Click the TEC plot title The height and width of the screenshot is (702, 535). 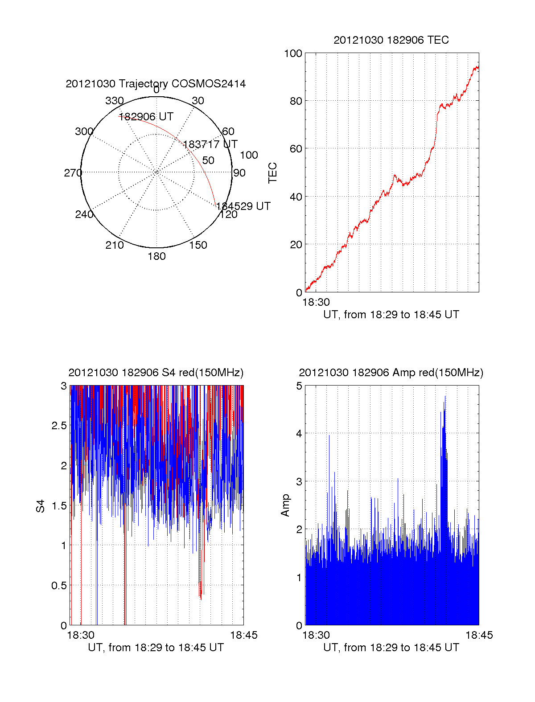(x=391, y=40)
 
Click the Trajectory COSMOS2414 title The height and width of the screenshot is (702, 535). (x=156, y=84)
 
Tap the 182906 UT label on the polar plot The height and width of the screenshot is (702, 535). (x=146, y=117)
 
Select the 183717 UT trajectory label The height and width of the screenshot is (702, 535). (x=210, y=144)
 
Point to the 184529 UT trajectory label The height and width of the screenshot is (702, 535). (x=243, y=206)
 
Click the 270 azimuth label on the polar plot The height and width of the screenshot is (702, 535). (x=73, y=173)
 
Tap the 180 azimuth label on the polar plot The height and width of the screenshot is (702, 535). (x=156, y=256)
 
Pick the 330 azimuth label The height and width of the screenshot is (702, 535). (x=114, y=101)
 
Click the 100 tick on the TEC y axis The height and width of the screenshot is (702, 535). (x=293, y=53)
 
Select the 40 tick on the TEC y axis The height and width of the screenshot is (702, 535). (x=296, y=197)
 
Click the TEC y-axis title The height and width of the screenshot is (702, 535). (x=272, y=173)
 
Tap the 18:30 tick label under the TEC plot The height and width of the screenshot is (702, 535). (x=316, y=302)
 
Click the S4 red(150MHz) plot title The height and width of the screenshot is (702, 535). (x=156, y=373)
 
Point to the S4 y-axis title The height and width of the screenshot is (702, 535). (x=41, y=506)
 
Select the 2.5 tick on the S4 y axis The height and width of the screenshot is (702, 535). (x=59, y=426)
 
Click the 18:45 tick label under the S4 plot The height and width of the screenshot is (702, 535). (x=243, y=635)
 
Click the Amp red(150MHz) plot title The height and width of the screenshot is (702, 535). (x=391, y=373)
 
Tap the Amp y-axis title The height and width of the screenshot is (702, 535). (x=285, y=505)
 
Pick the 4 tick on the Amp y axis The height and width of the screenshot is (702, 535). (x=299, y=434)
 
